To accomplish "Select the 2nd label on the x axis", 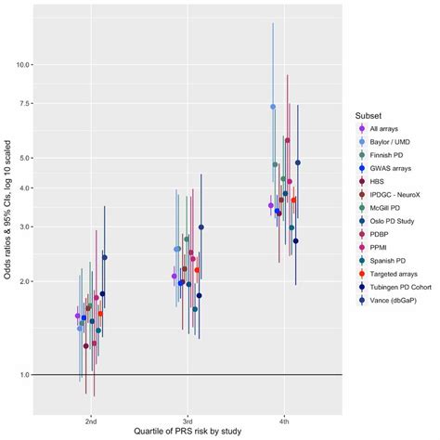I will pos(91,420).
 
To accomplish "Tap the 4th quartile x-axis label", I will pos(283,420).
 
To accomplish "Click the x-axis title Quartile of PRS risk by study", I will pos(188,433).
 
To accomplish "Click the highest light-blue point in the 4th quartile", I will pos(273,107).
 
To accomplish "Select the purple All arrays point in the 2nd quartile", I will pos(77,316).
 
